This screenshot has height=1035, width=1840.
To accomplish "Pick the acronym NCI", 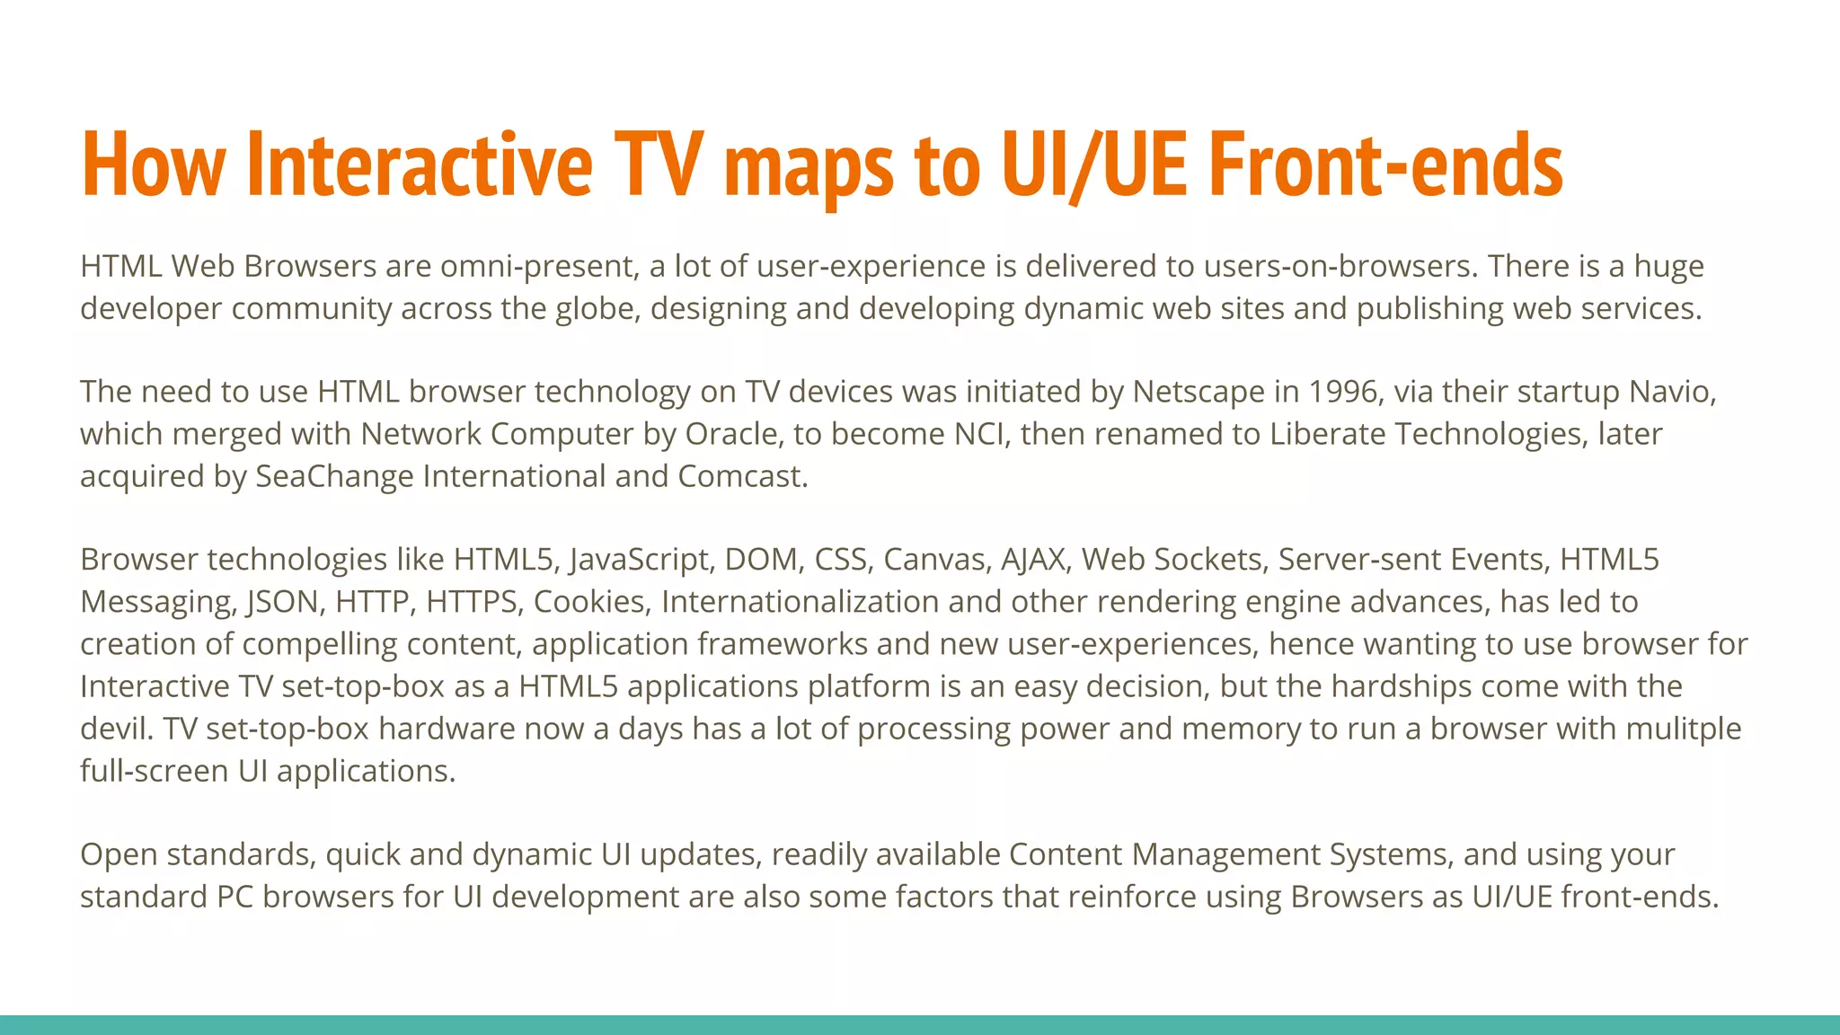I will tap(978, 434).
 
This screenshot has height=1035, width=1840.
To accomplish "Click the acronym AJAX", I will tap(1032, 560).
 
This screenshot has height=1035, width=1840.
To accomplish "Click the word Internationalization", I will tap(800, 602).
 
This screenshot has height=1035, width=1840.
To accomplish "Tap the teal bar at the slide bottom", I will tap(920, 1024).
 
